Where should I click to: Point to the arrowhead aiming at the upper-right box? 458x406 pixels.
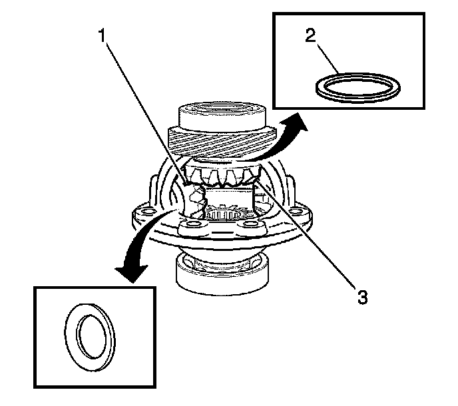tap(298, 122)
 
